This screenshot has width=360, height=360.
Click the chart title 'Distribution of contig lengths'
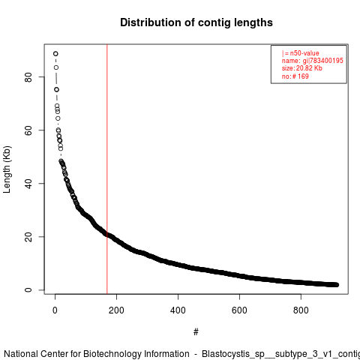click(196, 22)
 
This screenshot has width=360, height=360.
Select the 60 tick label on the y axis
click(28, 130)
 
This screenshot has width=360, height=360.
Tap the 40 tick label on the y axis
click(28, 184)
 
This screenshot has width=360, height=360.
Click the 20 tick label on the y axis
click(28, 237)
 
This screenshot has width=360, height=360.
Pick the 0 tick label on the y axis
click(28, 290)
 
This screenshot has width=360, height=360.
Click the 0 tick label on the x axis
click(55, 310)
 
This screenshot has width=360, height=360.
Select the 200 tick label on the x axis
click(116, 310)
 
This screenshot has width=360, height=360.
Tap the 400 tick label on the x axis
click(178, 310)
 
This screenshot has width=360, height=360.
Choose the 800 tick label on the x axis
click(301, 310)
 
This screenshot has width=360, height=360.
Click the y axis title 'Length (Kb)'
click(7, 169)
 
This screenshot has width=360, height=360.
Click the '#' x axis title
click(196, 332)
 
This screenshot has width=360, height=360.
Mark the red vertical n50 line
click(107, 169)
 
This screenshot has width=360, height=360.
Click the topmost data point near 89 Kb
click(55, 54)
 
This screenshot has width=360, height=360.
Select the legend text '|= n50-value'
click(301, 53)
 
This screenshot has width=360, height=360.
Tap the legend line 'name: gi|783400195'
click(313, 61)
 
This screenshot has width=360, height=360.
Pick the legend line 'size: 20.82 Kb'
click(302, 68)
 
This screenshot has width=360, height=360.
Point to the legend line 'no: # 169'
click(295, 76)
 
